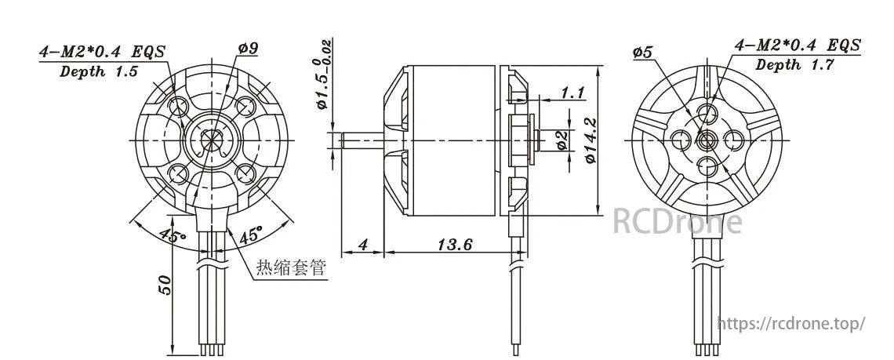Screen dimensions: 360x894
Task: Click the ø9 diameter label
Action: click(249, 49)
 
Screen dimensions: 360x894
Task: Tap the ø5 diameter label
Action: click(643, 53)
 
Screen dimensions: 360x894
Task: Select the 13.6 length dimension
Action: click(454, 245)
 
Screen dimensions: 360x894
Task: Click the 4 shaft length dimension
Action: click(362, 245)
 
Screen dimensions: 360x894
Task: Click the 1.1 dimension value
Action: click(573, 93)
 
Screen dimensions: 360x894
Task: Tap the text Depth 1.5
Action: click(100, 71)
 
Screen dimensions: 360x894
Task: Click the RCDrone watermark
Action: click(676, 221)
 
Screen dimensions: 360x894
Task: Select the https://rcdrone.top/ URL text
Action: click(792, 323)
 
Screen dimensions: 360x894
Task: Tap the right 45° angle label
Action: click(250, 235)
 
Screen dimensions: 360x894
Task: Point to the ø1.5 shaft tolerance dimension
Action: click(324, 82)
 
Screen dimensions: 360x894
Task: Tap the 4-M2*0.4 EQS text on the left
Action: click(103, 52)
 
